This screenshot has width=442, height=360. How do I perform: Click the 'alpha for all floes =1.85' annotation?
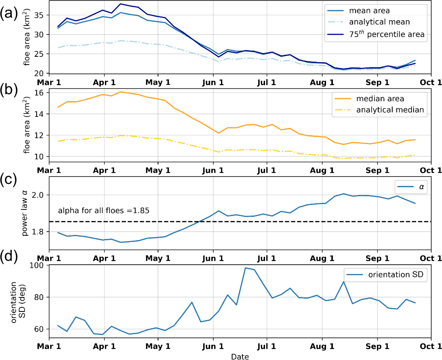pos(103,211)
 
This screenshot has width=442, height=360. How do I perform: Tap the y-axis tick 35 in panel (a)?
pos(40,15)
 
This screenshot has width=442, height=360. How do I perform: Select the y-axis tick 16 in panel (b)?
pos(40,93)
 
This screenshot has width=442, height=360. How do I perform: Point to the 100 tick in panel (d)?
pos(38,265)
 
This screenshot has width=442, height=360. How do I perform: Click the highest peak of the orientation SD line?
pos(245,268)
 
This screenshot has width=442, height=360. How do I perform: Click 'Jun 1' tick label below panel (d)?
pos(213,347)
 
